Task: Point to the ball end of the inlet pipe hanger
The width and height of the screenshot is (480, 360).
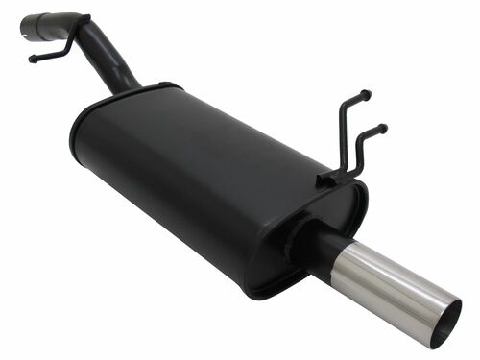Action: point(32,60)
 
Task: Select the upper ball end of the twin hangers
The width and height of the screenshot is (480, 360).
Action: point(366,94)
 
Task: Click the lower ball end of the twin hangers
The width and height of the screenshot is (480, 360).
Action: point(383,127)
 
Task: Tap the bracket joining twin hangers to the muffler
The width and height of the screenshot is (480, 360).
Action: point(332,178)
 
